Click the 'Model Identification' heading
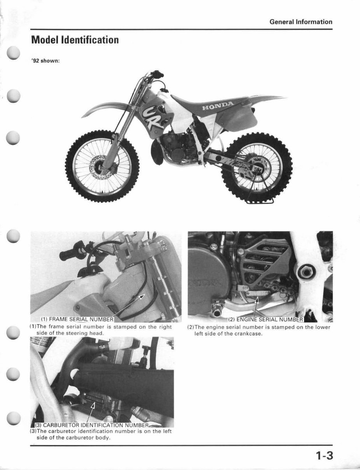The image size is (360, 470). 74,40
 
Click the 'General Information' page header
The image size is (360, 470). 301,22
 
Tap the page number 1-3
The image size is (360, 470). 325,455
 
